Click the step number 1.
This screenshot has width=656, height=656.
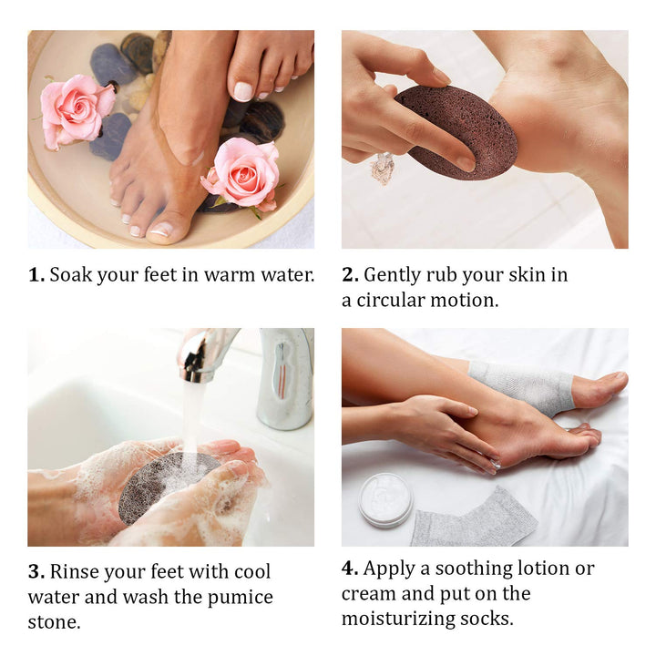[36, 275]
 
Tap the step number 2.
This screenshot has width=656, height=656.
[350, 275]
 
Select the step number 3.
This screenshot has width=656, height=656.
[36, 572]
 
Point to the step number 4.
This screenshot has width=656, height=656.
[350, 569]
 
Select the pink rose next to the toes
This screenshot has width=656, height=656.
[242, 173]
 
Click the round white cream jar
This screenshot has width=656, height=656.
[384, 499]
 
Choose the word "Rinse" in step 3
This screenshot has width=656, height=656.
[75, 572]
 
